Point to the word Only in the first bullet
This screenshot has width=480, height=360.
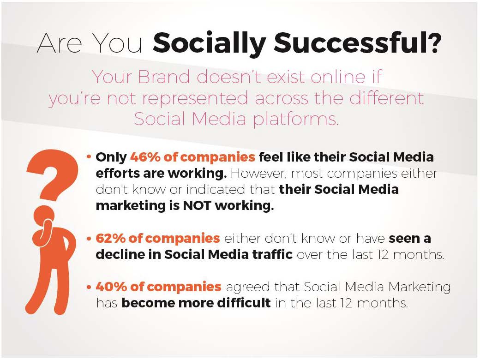pos(111,157)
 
